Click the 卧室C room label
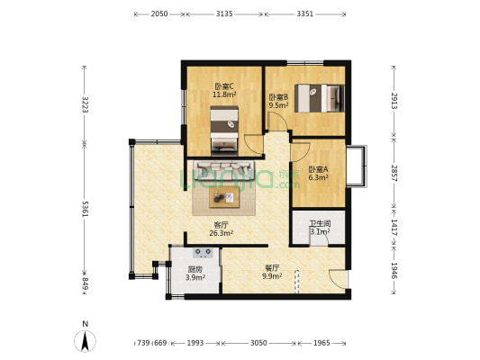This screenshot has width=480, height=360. click(224, 86)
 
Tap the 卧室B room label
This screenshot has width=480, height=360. click(278, 97)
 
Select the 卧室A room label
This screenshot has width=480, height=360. click(319, 169)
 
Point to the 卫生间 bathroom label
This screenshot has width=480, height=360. click(320, 223)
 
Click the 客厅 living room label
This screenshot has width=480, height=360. click(221, 225)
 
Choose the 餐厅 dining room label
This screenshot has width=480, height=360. click(272, 268)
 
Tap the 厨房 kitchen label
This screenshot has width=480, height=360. click(195, 269)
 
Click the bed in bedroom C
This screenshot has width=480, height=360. click(224, 130)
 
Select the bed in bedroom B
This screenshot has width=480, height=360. click(320, 98)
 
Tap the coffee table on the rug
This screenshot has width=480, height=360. click(224, 197)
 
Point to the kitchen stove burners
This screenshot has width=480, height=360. click(204, 253)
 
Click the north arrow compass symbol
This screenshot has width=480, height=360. click(85, 340)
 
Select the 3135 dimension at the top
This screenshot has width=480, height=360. click(224, 13)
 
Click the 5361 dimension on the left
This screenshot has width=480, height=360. click(85, 209)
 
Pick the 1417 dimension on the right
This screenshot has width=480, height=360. click(394, 228)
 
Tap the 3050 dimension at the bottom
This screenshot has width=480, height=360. click(258, 343)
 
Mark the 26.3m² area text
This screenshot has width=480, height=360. click(221, 233)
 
